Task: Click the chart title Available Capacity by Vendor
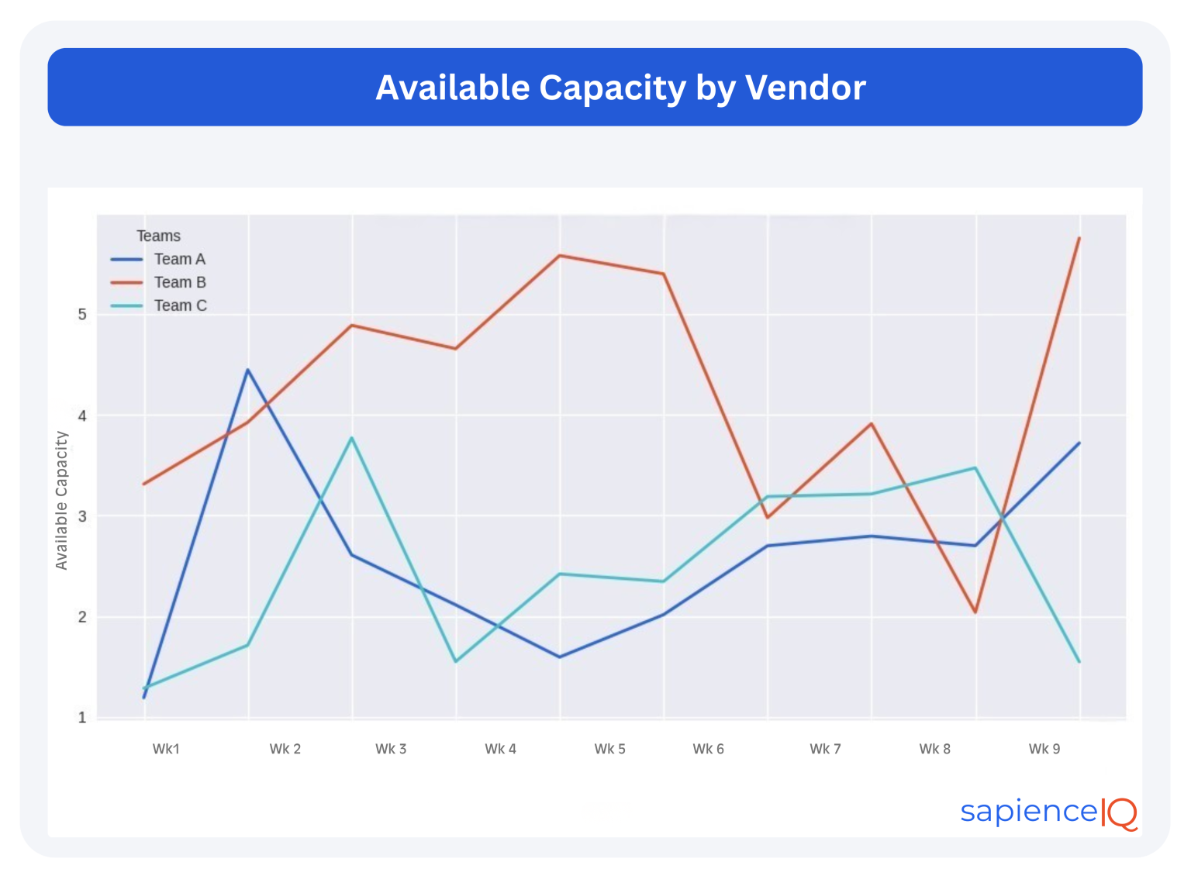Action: tap(620, 88)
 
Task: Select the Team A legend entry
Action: tap(179, 259)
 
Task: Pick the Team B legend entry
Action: tap(179, 282)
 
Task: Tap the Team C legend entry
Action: tap(180, 305)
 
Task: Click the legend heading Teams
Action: tap(158, 236)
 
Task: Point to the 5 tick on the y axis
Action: tap(82, 315)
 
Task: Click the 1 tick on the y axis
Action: tap(82, 718)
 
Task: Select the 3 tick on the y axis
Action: tap(82, 516)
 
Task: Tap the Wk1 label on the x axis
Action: tap(166, 749)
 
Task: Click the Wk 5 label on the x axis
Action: tap(609, 749)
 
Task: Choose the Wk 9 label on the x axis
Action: tap(1044, 749)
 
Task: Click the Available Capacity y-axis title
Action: tap(62, 501)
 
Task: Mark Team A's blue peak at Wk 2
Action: tap(248, 370)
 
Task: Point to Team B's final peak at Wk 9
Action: tap(1079, 238)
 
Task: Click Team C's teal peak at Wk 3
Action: tap(352, 438)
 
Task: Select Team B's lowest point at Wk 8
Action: tap(975, 612)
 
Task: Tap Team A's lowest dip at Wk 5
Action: tap(560, 657)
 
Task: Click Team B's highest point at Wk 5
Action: tap(560, 255)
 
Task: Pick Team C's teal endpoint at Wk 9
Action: tap(1079, 661)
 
